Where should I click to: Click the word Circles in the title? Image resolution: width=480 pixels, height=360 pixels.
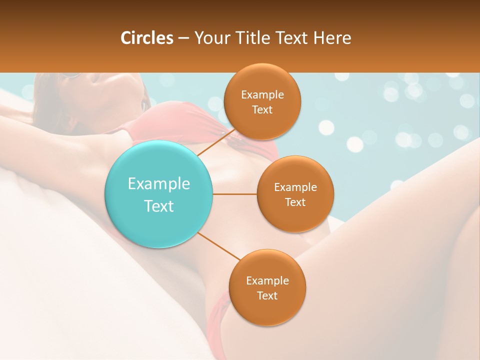tap(146, 38)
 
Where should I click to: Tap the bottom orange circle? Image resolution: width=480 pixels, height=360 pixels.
tap(267, 310)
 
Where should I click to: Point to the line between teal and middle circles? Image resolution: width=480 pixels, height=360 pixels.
tap(235, 194)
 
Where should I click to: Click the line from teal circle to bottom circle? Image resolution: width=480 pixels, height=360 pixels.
tap(218, 246)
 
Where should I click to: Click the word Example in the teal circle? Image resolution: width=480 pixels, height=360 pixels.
tap(158, 184)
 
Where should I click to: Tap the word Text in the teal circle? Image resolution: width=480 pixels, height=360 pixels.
tap(158, 206)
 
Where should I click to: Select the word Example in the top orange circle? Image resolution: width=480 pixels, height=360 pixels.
tap(262, 95)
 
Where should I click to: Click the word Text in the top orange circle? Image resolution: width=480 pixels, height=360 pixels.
tap(262, 110)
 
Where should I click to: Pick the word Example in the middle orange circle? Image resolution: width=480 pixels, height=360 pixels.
tap(295, 187)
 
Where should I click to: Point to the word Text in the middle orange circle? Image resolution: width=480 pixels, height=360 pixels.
tap(295, 202)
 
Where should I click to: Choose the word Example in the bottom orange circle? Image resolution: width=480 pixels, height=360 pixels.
tap(267, 281)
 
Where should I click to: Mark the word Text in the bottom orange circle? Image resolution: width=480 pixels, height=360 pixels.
tap(267, 295)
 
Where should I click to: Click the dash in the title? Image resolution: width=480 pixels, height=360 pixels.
tap(183, 38)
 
